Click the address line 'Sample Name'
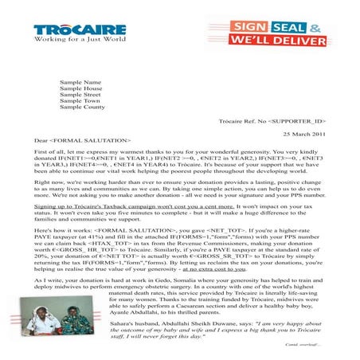click(80, 82)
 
